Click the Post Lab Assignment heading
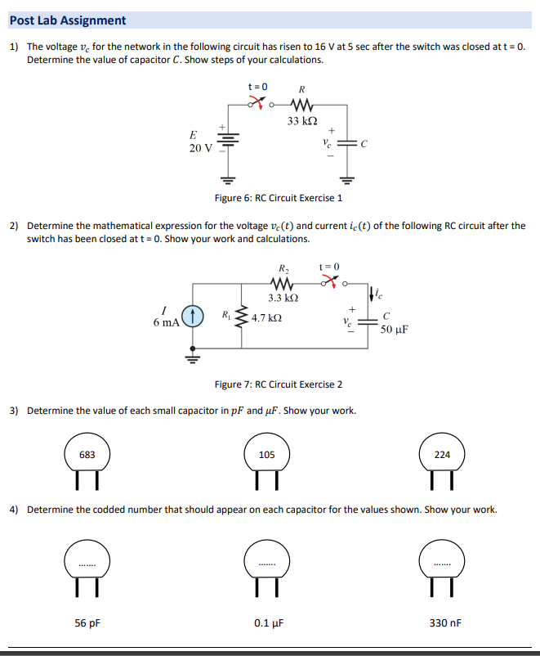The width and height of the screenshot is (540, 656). coord(68,20)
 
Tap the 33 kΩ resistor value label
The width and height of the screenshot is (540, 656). coord(302,121)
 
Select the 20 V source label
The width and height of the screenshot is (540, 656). coord(200,148)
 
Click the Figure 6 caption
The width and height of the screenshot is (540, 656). coord(278,198)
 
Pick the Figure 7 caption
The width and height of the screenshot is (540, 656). coord(278,384)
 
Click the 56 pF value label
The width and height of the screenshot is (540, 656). coord(87,622)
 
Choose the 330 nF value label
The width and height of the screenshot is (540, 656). coord(445,622)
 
